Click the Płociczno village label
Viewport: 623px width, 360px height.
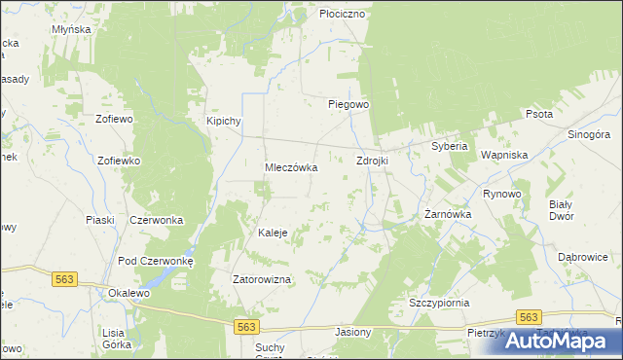pos(342,15)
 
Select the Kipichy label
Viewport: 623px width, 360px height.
pos(223,121)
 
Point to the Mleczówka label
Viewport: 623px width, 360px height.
pos(292,167)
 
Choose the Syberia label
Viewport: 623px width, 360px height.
pos(451,147)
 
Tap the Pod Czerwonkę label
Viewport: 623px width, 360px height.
pos(157,261)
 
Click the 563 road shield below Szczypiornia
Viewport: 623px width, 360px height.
pos(529,318)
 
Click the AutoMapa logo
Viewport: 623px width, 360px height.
pos(562,341)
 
